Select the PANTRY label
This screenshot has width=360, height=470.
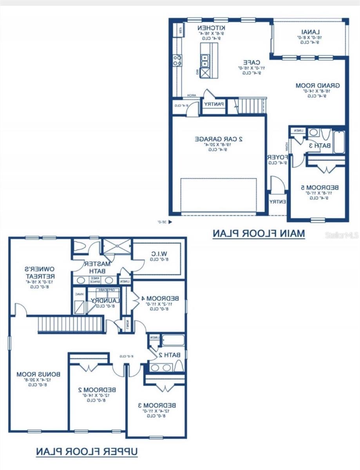pyautogui.click(x=213, y=104)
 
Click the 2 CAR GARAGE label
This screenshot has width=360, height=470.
pyautogui.click(x=219, y=139)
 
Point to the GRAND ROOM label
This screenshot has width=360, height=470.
pyautogui.click(x=317, y=85)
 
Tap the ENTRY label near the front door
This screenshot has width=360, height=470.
pyautogui.click(x=278, y=202)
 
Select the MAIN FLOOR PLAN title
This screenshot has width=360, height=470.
pyautogui.click(x=259, y=233)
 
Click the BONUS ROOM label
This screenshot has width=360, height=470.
pyautogui.click(x=35, y=374)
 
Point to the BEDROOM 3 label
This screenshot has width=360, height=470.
pyautogui.click(x=157, y=405)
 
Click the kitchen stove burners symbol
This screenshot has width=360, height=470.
pyautogui.click(x=177, y=60)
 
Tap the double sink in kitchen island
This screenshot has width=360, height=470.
pyautogui.click(x=205, y=60)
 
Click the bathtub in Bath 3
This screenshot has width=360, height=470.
pyautogui.click(x=338, y=142)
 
